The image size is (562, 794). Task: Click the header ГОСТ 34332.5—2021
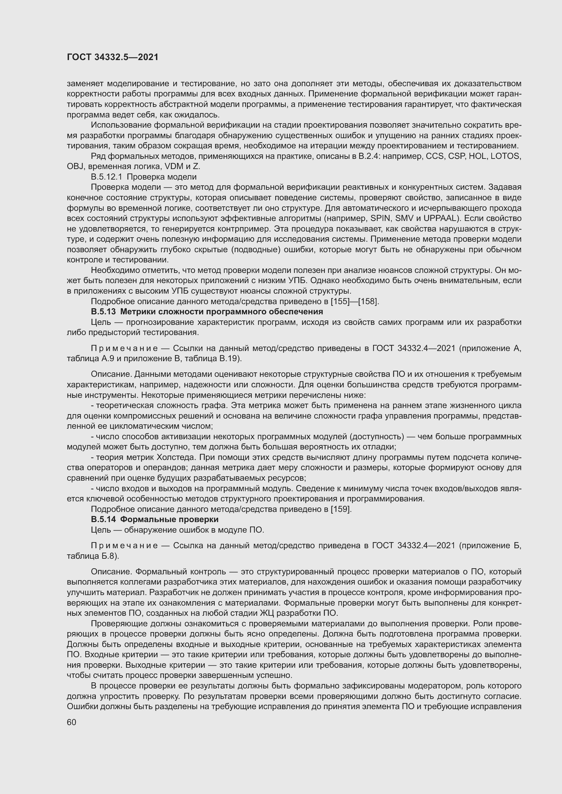[112, 57]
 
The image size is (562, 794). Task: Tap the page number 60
[71, 722]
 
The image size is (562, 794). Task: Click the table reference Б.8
[109, 556]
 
